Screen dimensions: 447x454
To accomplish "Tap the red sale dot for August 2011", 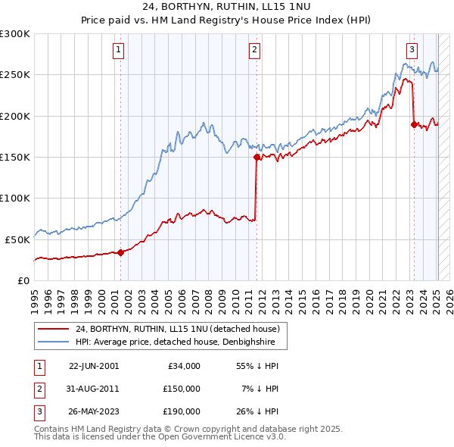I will [257, 157].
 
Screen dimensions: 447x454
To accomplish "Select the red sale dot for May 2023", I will [414, 124].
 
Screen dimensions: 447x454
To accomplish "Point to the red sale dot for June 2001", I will [121, 252].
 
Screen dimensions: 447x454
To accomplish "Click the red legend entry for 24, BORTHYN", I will [178, 329].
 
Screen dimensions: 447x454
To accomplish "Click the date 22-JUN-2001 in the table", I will [94, 365].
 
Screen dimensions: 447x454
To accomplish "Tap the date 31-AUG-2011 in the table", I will [94, 389].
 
